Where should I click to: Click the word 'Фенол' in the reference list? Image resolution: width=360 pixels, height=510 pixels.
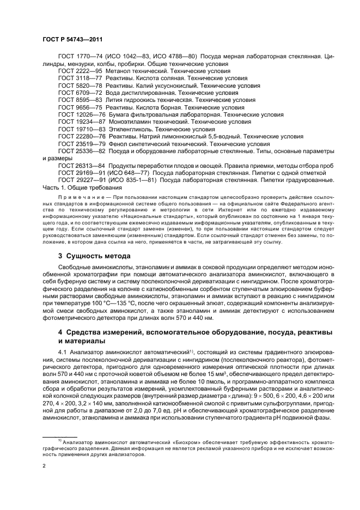pos(119,144)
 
